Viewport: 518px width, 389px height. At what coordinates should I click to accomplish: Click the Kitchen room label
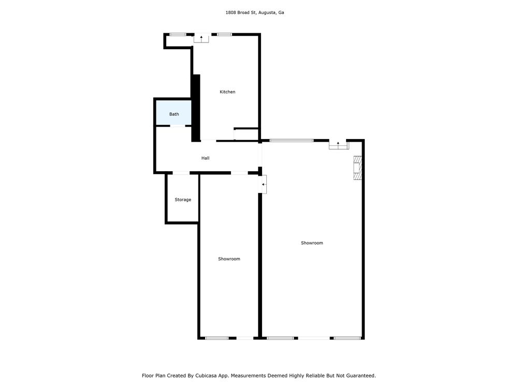(227, 92)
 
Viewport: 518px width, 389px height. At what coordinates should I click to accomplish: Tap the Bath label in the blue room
(174, 114)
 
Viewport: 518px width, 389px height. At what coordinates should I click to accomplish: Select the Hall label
(205, 158)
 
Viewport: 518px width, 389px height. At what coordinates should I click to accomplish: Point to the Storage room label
(183, 200)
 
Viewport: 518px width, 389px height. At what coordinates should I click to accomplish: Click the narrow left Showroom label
(229, 259)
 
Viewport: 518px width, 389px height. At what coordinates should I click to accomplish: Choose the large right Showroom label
(312, 243)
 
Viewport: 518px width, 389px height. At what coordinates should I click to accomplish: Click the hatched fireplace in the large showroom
(357, 168)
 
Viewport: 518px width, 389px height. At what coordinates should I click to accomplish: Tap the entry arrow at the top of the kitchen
(201, 37)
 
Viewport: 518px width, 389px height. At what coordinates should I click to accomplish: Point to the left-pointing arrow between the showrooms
(263, 184)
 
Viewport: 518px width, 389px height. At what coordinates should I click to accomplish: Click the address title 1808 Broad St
(255, 12)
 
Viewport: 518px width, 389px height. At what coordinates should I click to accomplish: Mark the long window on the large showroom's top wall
(291, 141)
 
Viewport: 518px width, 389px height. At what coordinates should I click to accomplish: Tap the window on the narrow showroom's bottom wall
(217, 338)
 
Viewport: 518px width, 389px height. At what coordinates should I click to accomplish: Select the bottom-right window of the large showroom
(347, 338)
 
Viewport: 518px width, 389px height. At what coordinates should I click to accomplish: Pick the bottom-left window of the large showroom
(280, 338)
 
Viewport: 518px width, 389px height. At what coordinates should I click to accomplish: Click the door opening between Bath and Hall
(177, 126)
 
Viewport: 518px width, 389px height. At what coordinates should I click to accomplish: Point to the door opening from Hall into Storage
(181, 173)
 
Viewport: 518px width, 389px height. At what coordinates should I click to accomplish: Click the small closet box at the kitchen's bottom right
(246, 134)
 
